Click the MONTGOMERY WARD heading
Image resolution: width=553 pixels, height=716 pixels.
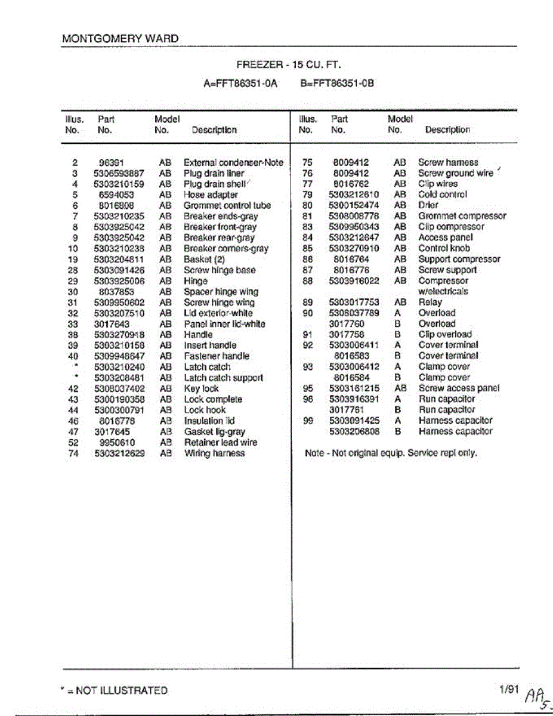(x=120, y=38)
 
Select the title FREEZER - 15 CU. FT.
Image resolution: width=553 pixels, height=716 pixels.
(x=289, y=65)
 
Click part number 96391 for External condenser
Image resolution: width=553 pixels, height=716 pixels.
(x=111, y=162)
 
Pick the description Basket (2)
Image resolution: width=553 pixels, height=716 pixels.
(x=204, y=260)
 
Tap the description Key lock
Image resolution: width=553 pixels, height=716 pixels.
(x=202, y=388)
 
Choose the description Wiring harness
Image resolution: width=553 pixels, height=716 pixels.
(x=214, y=453)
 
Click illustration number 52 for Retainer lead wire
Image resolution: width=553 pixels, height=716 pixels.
(x=73, y=443)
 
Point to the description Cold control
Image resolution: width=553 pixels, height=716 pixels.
(x=442, y=195)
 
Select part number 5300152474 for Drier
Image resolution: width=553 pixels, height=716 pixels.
(x=354, y=205)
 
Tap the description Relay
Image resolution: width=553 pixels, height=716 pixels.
(x=430, y=303)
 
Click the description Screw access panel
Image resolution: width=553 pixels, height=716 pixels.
(x=459, y=388)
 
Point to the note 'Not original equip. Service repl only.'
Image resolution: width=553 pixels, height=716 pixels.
(x=391, y=453)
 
